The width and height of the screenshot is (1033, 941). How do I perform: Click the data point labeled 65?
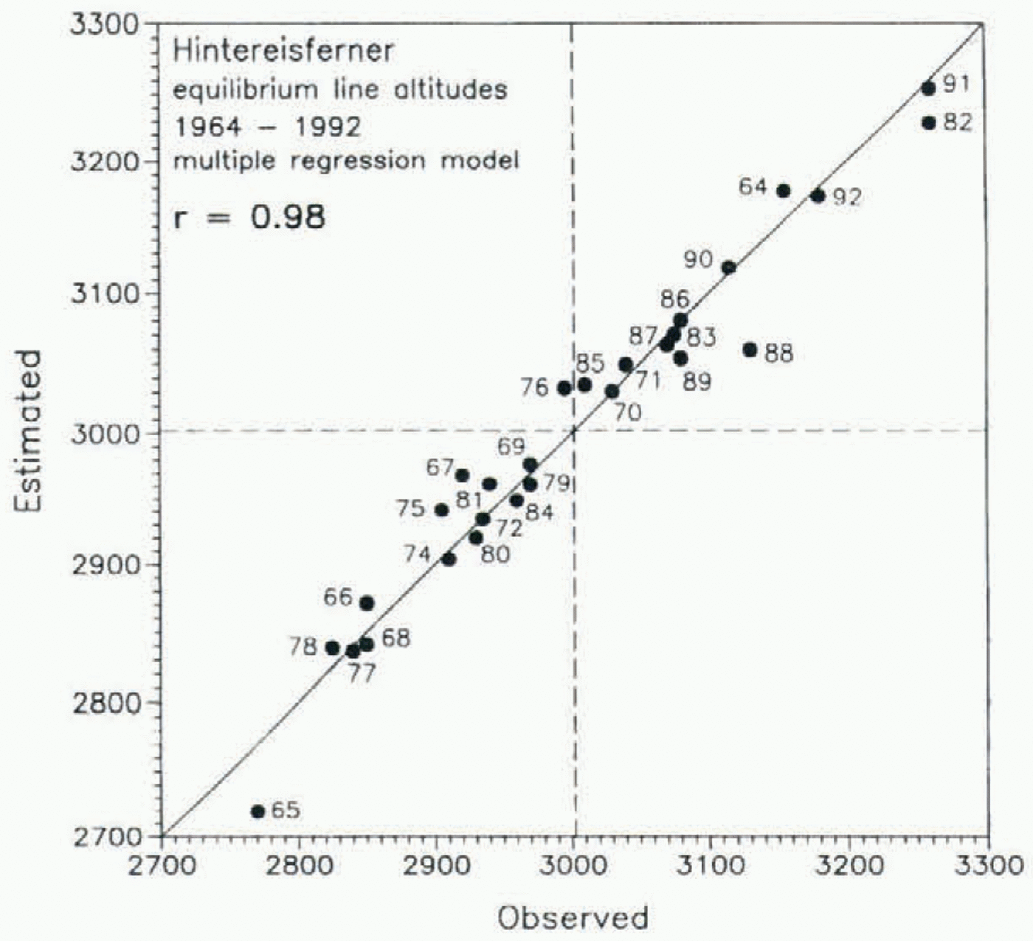pos(258,811)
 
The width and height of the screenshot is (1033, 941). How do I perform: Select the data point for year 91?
pos(928,88)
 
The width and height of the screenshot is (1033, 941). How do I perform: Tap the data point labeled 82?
pos(928,122)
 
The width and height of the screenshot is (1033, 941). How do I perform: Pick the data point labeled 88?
pos(750,350)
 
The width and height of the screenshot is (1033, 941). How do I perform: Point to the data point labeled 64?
pos(784,190)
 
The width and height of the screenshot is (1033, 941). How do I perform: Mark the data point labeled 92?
pos(818,195)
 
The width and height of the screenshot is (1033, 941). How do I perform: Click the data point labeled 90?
pos(728,267)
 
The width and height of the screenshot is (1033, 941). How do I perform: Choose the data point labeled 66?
pos(367,603)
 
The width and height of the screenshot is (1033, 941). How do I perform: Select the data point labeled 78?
pos(332,648)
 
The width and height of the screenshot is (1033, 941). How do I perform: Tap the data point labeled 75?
pos(442,510)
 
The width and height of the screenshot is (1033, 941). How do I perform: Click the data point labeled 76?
pos(564,388)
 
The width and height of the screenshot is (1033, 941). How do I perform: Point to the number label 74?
pos(418,553)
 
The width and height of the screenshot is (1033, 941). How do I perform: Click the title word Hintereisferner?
pos(283,52)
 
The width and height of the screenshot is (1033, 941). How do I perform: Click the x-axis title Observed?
pos(573,917)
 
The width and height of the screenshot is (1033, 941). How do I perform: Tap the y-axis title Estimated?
pos(30,431)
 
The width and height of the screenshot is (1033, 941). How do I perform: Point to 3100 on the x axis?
pos(711,864)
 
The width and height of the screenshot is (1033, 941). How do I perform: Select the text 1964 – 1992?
pos(267,127)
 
